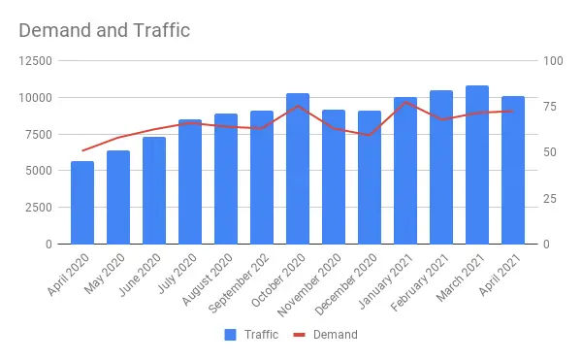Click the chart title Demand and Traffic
[x=105, y=30]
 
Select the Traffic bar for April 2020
[x=82, y=203]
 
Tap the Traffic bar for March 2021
[x=477, y=165]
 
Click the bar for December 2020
[x=370, y=178]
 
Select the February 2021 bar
[x=441, y=167]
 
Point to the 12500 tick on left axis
[x=36, y=60]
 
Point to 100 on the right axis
[x=553, y=60]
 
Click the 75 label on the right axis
[x=550, y=107]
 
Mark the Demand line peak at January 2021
[x=405, y=102]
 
